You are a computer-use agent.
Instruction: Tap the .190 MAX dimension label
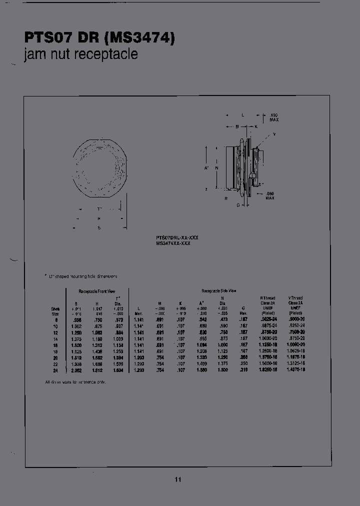[x=273, y=117]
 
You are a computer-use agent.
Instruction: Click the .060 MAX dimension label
[x=270, y=196]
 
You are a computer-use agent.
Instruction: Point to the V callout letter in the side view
[x=274, y=135]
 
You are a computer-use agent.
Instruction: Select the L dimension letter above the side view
[x=243, y=115]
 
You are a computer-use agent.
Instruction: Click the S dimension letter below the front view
[x=99, y=228]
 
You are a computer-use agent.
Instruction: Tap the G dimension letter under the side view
[x=238, y=205]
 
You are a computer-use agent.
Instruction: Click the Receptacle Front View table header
[x=96, y=290]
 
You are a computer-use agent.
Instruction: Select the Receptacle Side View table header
[x=218, y=290]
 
